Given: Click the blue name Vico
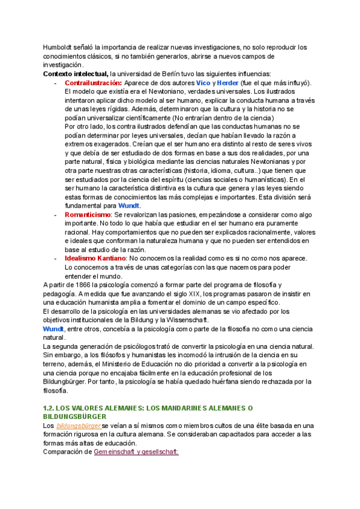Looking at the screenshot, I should coord(203,82).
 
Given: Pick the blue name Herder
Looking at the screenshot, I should coord(227,82).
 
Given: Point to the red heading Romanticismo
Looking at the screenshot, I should coord(88,214).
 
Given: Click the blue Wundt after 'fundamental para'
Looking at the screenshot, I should coord(129,205).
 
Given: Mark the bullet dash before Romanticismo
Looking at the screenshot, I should coord(55,214).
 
